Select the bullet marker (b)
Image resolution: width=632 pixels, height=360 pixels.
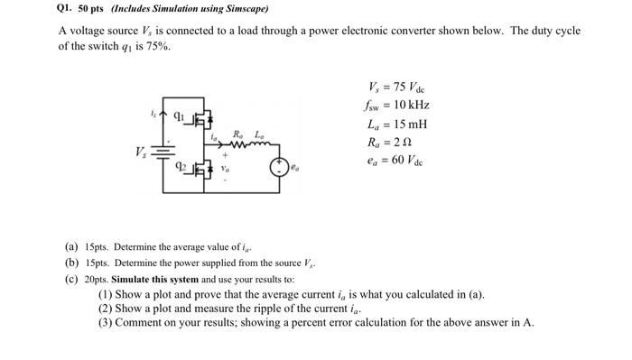(71, 262)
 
